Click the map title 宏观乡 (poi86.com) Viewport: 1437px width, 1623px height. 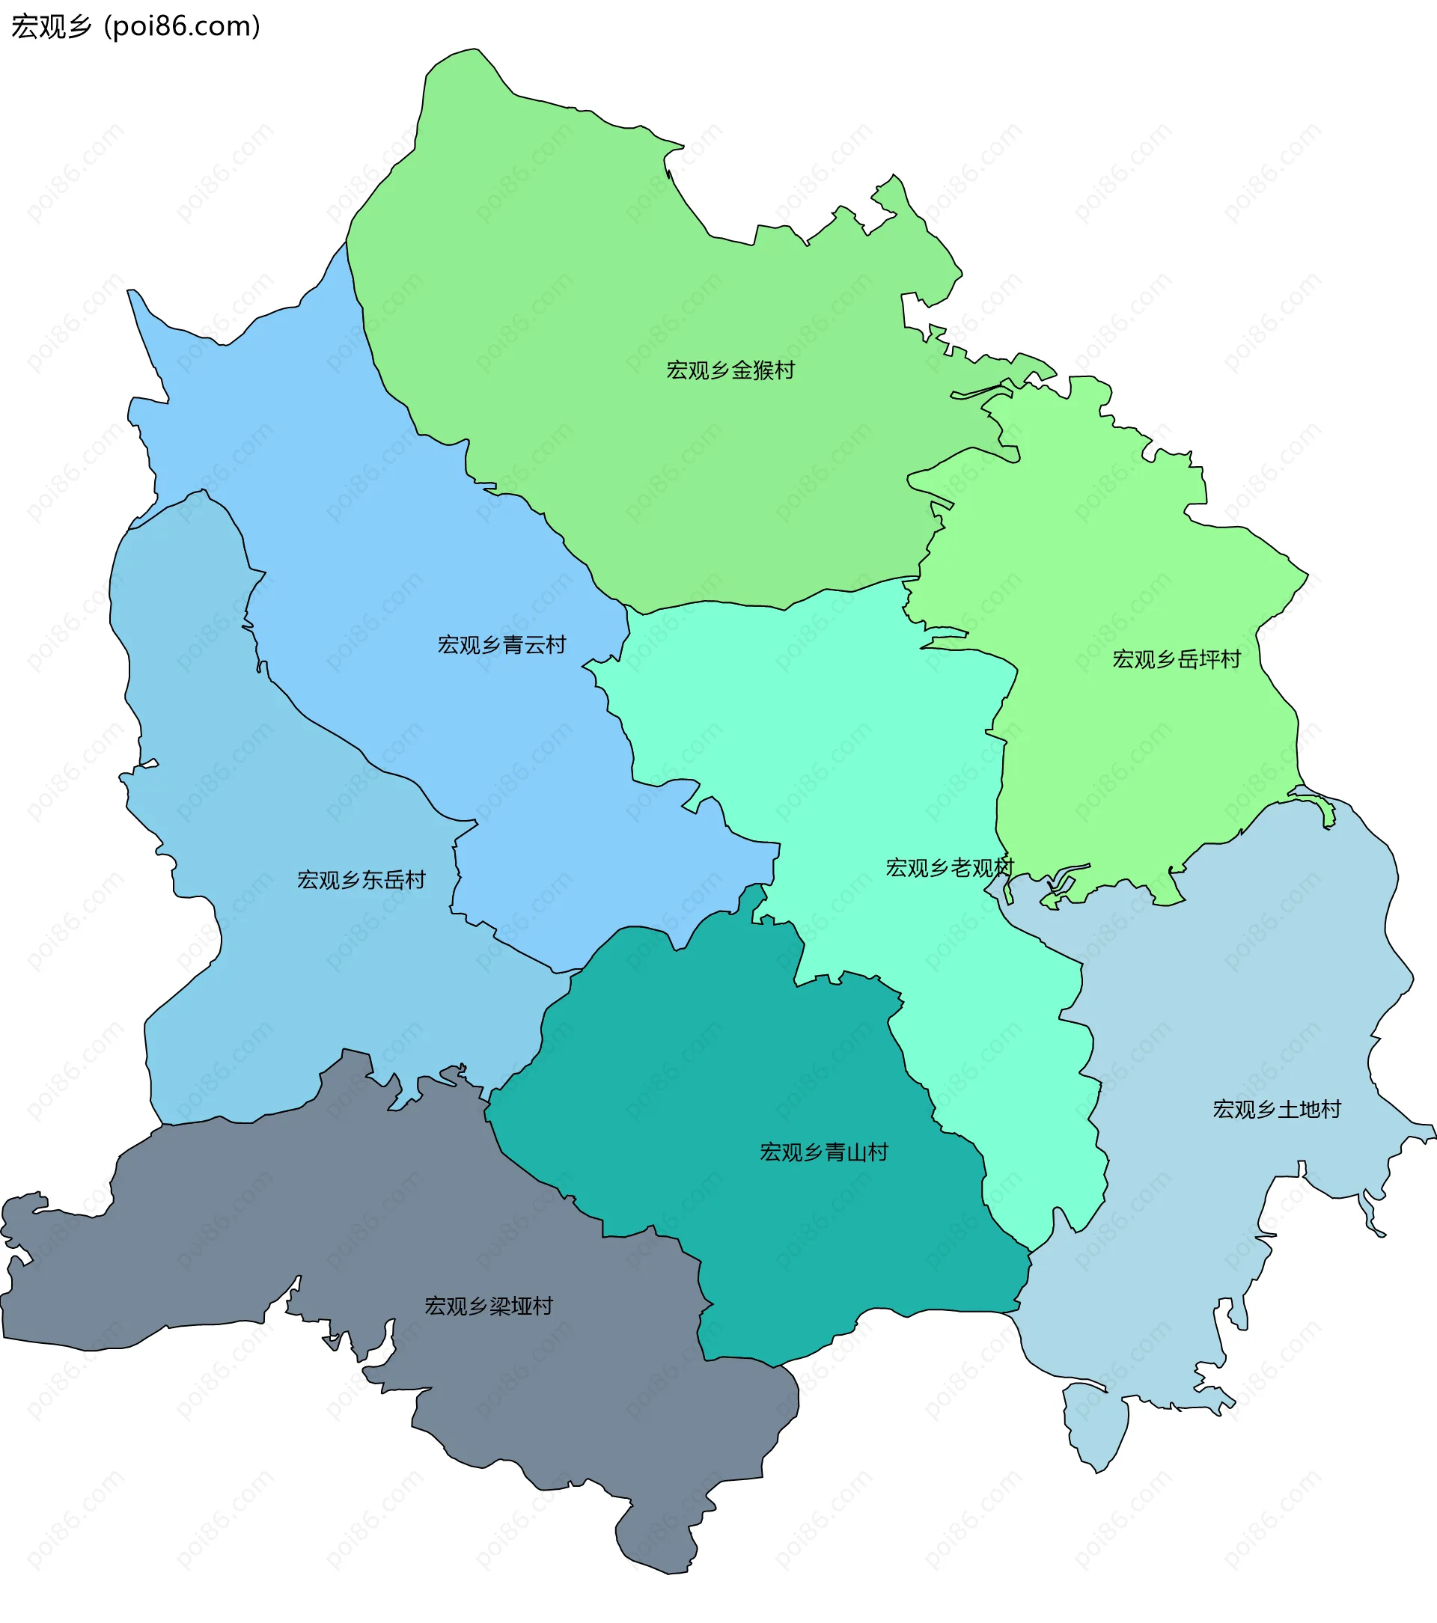[x=135, y=26]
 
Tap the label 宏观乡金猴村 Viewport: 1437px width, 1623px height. [x=730, y=370]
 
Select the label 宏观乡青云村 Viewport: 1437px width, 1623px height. [x=501, y=645]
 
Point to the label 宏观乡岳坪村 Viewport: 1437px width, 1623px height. [x=1176, y=659]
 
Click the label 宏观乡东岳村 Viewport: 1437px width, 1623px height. [x=361, y=880]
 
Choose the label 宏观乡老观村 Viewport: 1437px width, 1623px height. [x=949, y=868]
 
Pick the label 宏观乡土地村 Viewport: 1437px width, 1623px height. [x=1277, y=1109]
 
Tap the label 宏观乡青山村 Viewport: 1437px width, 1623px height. [x=824, y=1152]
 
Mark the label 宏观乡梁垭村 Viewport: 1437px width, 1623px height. [x=489, y=1306]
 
